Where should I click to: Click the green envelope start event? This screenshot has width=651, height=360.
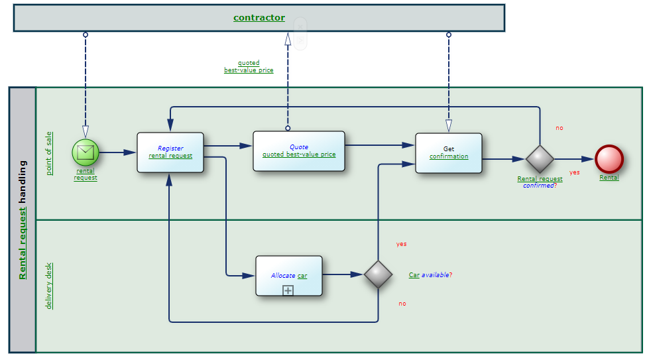click(86, 152)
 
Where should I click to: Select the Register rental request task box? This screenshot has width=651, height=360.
click(170, 152)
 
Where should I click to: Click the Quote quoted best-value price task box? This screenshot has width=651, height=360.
click(299, 151)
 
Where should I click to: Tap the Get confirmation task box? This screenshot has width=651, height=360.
click(449, 153)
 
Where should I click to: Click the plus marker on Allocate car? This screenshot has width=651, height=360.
click(288, 290)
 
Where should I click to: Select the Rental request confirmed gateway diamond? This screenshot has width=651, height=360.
click(540, 159)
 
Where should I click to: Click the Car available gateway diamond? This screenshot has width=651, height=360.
click(379, 274)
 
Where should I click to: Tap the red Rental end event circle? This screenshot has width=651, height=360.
click(609, 159)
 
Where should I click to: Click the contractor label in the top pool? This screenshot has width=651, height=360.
click(259, 18)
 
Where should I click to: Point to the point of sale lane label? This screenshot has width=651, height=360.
click(49, 153)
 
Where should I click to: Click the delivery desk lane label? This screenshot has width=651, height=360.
click(49, 286)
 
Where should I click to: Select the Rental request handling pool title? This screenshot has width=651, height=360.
click(23, 219)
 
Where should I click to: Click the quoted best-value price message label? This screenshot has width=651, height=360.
click(249, 66)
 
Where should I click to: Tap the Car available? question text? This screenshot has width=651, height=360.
click(430, 274)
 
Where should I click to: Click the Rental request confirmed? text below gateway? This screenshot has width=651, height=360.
click(540, 182)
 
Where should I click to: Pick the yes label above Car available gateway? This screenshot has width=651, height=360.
click(402, 244)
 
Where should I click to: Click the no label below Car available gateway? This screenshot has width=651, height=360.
click(402, 304)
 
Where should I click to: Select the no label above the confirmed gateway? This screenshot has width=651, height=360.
click(560, 128)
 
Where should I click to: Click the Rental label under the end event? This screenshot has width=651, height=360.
click(609, 178)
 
